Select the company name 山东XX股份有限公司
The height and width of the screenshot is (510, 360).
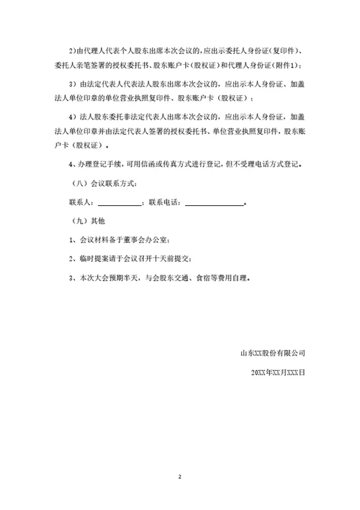pyautogui.click(x=273, y=354)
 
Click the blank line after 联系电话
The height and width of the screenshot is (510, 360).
pyautogui.click(x=214, y=202)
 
